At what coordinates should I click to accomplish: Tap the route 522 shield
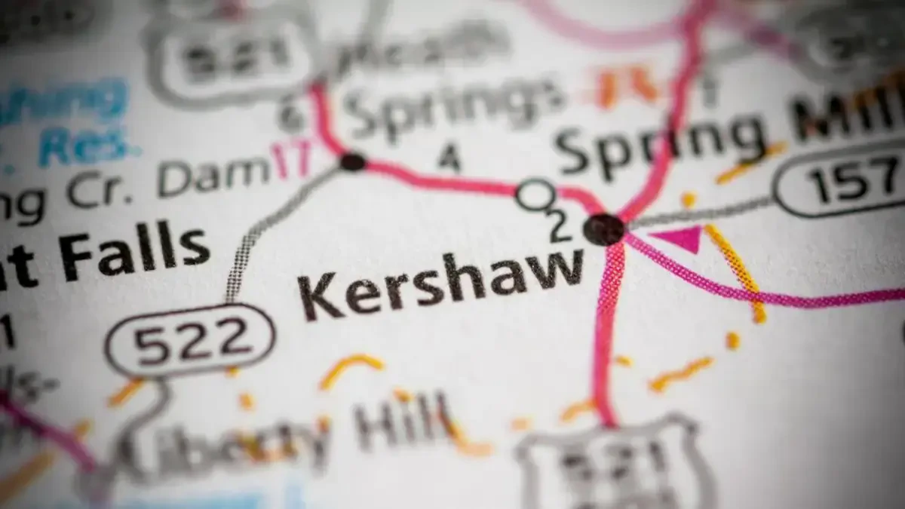pyautogui.click(x=191, y=341)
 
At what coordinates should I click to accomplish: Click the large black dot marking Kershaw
pyautogui.click(x=606, y=228)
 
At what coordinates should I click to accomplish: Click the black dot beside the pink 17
pyautogui.click(x=352, y=161)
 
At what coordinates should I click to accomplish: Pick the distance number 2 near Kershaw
pyautogui.click(x=558, y=225)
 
